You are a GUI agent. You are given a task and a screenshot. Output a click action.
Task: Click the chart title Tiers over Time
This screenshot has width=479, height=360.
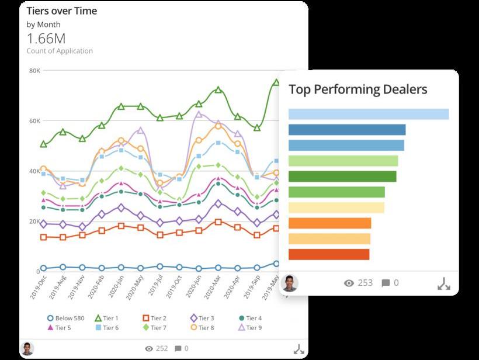pyautogui.click(x=62, y=11)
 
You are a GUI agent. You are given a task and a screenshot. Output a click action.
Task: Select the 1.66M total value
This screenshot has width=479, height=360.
pyautogui.click(x=46, y=39)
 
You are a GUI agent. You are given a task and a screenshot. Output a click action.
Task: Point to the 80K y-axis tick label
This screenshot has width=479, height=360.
pyautogui.click(x=34, y=70)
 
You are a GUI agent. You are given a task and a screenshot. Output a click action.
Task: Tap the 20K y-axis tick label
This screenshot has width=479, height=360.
pyautogui.click(x=34, y=221)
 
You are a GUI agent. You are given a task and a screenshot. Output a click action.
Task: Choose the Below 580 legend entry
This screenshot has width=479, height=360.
pyautogui.click(x=65, y=319)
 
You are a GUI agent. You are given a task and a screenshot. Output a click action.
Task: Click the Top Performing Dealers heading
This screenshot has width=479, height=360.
pyautogui.click(x=358, y=89)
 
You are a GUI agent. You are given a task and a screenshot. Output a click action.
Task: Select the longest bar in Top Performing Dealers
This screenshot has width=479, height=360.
pyautogui.click(x=369, y=114)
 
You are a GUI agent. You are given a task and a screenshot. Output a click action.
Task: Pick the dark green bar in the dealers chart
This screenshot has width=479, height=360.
pyautogui.click(x=342, y=176)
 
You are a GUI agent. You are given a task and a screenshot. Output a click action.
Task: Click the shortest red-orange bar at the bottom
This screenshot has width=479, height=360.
pyautogui.click(x=329, y=254)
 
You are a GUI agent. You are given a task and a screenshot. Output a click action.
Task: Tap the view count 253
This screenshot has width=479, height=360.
pyautogui.click(x=365, y=283)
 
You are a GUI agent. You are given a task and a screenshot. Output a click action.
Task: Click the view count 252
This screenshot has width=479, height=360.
pyautogui.click(x=162, y=349)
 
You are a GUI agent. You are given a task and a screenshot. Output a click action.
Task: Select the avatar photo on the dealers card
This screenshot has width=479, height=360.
pyautogui.click(x=290, y=283)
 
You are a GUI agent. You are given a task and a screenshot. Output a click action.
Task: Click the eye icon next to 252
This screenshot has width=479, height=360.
pyautogui.click(x=149, y=349)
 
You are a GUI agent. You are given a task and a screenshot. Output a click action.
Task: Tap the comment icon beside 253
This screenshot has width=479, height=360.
pyautogui.click(x=386, y=283)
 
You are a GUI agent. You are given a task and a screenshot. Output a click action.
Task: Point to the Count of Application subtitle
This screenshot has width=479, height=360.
pyautogui.click(x=60, y=51)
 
